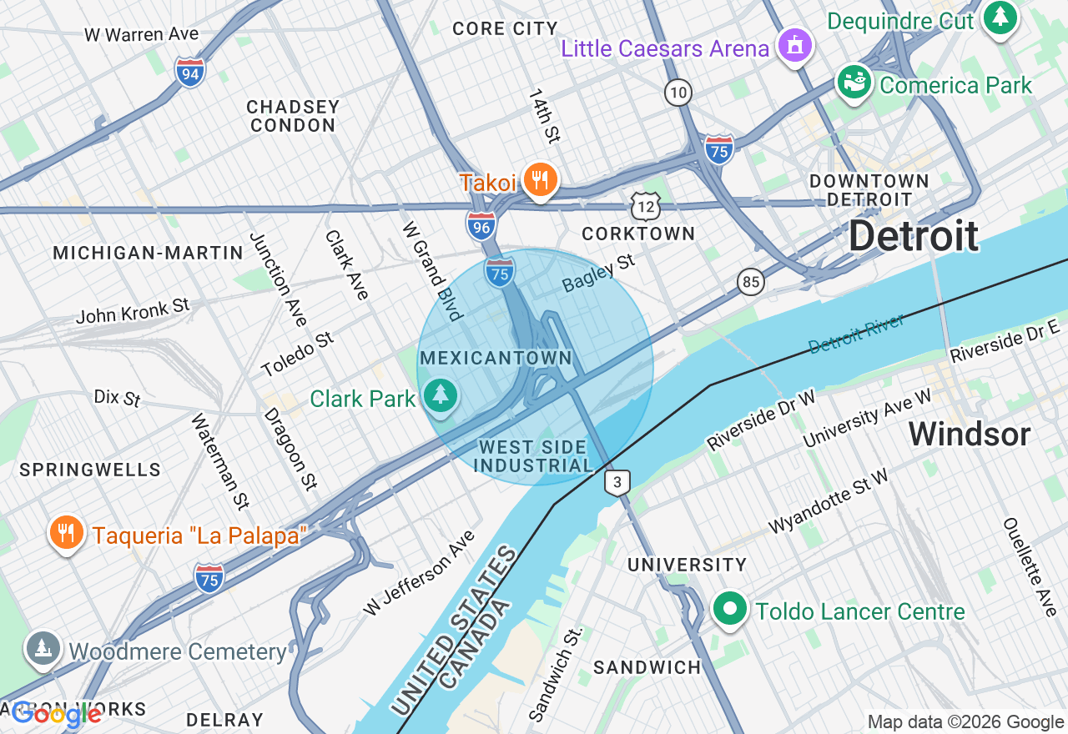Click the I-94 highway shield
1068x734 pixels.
190,73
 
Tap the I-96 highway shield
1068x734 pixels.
481,226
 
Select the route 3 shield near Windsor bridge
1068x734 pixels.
617,482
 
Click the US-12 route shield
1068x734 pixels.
646,205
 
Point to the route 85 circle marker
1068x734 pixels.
751,282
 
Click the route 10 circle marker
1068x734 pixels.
678,92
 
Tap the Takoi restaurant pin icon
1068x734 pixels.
540,180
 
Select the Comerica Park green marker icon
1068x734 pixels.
854,83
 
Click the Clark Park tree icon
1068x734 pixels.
439,396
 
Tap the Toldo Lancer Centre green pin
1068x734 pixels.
730,610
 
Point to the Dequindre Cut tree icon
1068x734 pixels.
1000,18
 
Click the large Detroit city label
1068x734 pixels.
914,237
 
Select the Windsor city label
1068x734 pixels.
969,434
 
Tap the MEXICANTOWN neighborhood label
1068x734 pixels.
496,359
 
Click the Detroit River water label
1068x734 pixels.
856,333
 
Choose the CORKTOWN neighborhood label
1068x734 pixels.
638,234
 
